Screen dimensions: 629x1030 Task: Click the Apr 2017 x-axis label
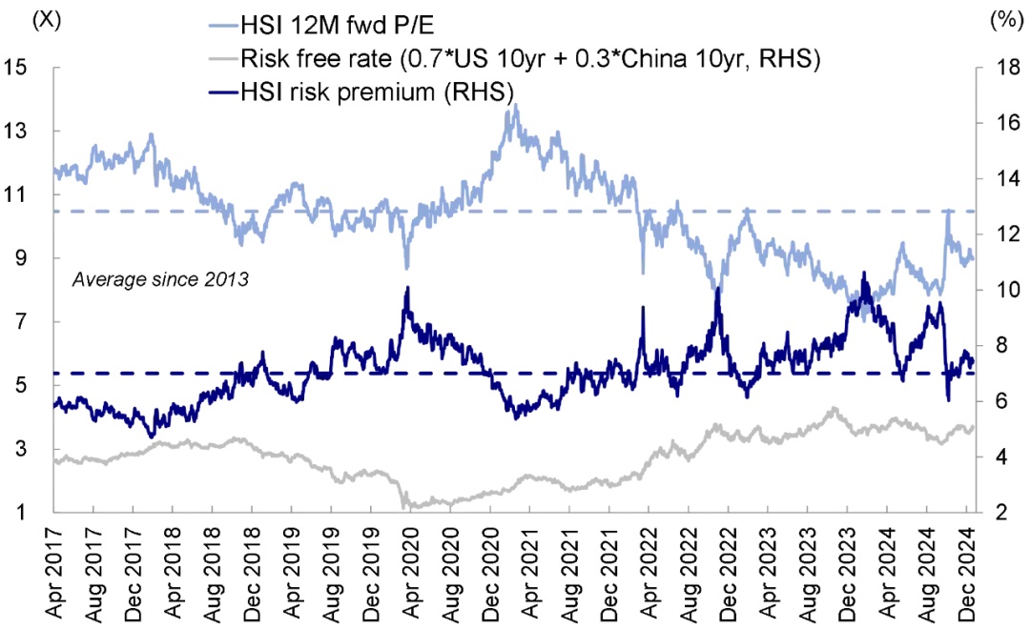[54, 572]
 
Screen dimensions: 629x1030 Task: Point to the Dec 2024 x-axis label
[965, 572]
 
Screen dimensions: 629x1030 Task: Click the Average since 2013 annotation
[160, 280]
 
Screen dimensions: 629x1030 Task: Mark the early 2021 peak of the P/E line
[516, 106]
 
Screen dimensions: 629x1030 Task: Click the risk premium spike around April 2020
[407, 287]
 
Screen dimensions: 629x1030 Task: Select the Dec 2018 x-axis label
[252, 572]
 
